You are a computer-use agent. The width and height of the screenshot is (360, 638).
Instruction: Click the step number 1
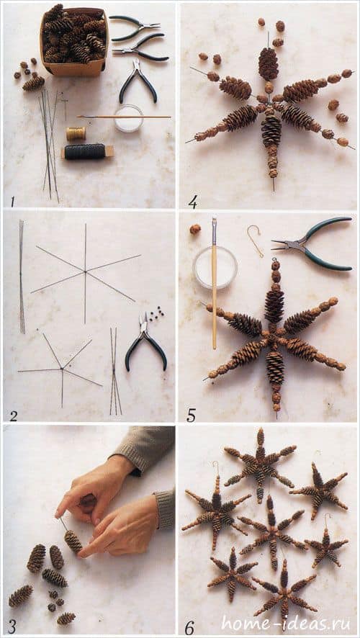pyautogui.click(x=13, y=201)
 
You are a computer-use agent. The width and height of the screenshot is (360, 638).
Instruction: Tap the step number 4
pyautogui.click(x=193, y=202)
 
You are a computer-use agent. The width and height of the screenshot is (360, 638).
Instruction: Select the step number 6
pyautogui.click(x=189, y=627)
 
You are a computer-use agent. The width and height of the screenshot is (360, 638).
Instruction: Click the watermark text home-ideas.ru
pyautogui.click(x=288, y=623)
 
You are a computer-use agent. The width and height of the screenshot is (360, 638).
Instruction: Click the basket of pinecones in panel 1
pyautogui.click(x=73, y=40)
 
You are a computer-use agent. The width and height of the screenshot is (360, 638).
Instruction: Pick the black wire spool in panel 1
pyautogui.click(x=86, y=151)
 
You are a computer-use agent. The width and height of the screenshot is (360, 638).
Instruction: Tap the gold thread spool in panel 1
pyautogui.click(x=76, y=133)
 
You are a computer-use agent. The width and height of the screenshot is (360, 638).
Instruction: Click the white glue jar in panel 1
pyautogui.click(x=129, y=118)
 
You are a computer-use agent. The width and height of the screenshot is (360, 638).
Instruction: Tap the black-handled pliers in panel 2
pyautogui.click(x=145, y=342)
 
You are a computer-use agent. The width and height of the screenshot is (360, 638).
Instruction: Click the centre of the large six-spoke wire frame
pyautogui.click(x=85, y=271)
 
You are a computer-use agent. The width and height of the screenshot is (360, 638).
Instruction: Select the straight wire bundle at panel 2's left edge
pyautogui.click(x=21, y=277)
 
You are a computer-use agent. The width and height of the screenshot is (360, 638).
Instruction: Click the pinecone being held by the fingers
pyautogui.click(x=73, y=542)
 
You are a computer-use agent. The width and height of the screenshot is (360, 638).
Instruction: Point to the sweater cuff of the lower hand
pyautogui.click(x=166, y=511)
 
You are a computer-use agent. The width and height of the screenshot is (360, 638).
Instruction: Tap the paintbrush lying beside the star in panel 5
pyautogui.click(x=215, y=283)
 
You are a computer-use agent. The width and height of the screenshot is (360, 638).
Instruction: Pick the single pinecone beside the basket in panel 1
pyautogui.click(x=33, y=83)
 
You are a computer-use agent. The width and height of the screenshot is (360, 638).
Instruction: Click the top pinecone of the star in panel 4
pyautogui.click(x=268, y=63)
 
